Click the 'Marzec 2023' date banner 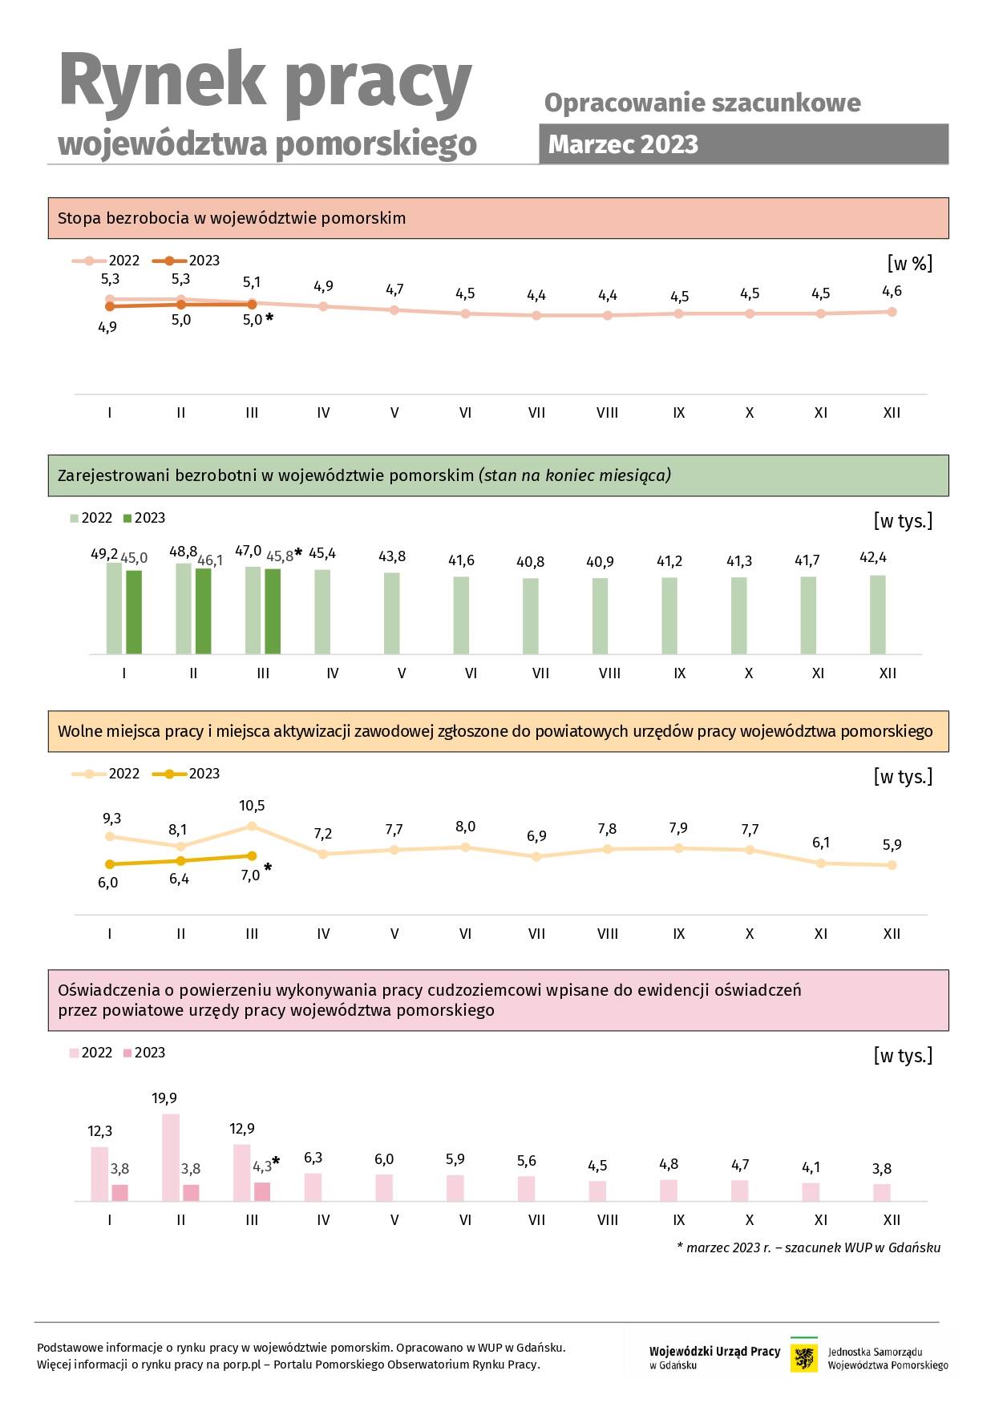[x=743, y=144]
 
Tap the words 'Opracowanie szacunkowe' [x=702, y=103]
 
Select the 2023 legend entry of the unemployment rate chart [x=187, y=261]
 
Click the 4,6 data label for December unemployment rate [x=892, y=291]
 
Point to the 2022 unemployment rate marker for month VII [x=536, y=316]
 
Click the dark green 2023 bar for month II [x=203, y=611]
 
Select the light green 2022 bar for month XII [x=878, y=615]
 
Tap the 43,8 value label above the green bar [x=392, y=556]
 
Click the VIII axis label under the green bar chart [x=609, y=673]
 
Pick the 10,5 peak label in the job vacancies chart [x=252, y=806]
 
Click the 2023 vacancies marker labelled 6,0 [x=110, y=864]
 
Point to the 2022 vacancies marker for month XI [x=821, y=863]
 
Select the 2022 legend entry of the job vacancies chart [x=106, y=774]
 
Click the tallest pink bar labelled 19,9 [x=171, y=1157]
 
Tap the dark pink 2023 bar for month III [x=262, y=1191]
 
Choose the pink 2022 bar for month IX [x=669, y=1191]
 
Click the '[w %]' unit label [x=910, y=263]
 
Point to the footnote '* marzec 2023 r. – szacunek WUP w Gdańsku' [x=808, y=1247]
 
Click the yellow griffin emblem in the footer [x=804, y=1358]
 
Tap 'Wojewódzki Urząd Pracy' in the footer [x=714, y=1352]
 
